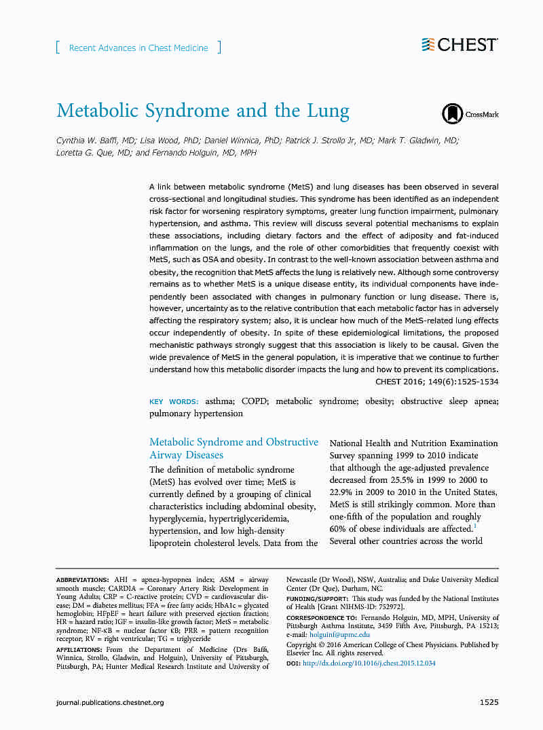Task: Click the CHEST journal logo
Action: pyautogui.click(x=460, y=45)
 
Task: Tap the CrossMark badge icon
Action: pyautogui.click(x=470, y=114)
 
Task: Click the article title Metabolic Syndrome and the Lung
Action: pyautogui.click(x=202, y=111)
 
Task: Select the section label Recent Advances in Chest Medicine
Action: pyautogui.click(x=138, y=48)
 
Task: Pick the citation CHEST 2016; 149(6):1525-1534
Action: pyautogui.click(x=436, y=382)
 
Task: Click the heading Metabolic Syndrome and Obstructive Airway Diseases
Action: pyautogui.click(x=233, y=448)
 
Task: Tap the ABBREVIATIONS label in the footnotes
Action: pyautogui.click(x=81, y=580)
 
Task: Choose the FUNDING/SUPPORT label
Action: pyautogui.click(x=316, y=599)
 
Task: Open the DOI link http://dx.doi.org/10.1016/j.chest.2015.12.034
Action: pyautogui.click(x=369, y=663)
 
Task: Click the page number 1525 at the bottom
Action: pyautogui.click(x=489, y=701)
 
